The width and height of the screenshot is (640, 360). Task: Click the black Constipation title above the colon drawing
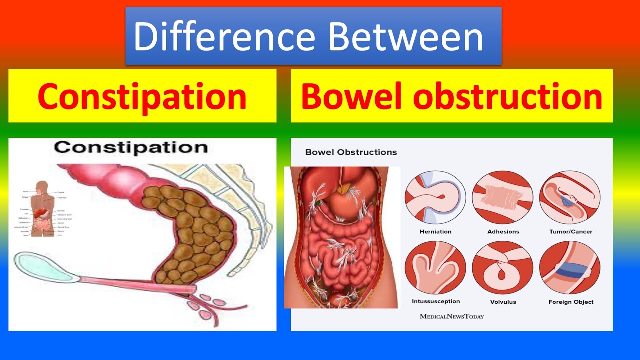[x=131, y=147]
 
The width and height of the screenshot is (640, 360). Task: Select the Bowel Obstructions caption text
[x=351, y=152]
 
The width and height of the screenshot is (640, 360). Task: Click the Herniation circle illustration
[x=435, y=197]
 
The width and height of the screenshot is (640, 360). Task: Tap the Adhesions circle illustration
[x=503, y=197]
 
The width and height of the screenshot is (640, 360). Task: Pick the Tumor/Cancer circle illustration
[x=570, y=197]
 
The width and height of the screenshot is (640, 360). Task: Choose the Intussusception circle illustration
[x=435, y=267]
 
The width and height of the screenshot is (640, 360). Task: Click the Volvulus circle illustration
[x=503, y=267]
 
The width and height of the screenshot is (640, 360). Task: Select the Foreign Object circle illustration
[x=570, y=267]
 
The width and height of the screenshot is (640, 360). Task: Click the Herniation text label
[x=435, y=232]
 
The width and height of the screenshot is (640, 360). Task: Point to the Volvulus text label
[x=503, y=302]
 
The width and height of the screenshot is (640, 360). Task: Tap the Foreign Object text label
[x=571, y=302]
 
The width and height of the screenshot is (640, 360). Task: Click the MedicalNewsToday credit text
[x=452, y=316]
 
